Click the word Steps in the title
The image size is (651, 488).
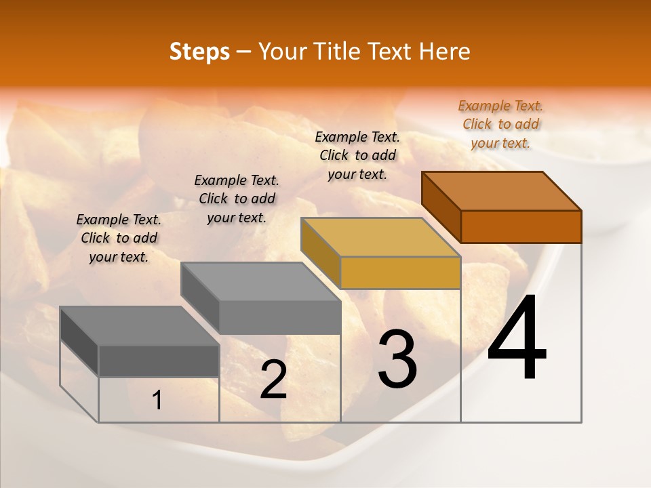(x=199, y=52)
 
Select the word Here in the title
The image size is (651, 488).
(x=444, y=52)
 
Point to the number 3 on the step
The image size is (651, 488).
(x=397, y=359)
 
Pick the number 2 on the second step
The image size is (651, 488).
(x=273, y=380)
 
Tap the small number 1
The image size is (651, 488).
(x=157, y=401)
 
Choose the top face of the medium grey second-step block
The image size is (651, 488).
(x=261, y=281)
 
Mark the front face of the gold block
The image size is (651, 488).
(x=400, y=272)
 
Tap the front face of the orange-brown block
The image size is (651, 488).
(x=521, y=226)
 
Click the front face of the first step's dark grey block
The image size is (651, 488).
(x=159, y=361)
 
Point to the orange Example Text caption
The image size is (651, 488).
(x=500, y=124)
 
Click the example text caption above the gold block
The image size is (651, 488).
(x=357, y=155)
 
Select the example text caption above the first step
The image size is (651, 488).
(x=119, y=238)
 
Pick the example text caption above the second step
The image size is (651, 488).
(x=236, y=199)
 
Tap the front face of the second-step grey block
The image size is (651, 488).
(x=279, y=317)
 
